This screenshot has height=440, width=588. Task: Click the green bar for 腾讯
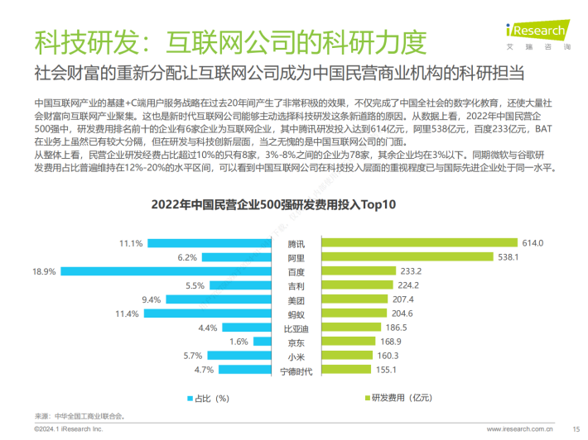click(419, 243)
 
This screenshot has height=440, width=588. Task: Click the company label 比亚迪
click(296, 328)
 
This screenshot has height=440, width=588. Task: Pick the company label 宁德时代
click(296, 371)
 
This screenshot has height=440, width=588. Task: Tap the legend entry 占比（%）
click(207, 398)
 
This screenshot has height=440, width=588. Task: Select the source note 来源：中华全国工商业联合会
click(80, 416)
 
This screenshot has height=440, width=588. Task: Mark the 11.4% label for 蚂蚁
click(127, 314)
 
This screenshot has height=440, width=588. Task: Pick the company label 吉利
click(296, 285)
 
